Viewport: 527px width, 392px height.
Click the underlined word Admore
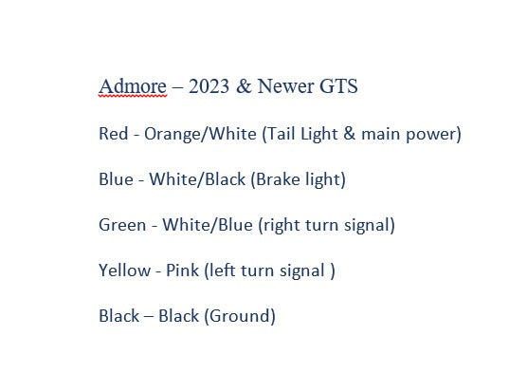133,86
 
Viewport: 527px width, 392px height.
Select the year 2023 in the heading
209,86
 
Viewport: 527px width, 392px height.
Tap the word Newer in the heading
285,86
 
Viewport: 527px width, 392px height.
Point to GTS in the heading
338,86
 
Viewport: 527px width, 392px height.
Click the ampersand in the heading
244,86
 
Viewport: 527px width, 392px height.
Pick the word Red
113,134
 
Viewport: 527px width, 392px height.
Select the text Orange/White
200,134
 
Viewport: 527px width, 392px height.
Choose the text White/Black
197,179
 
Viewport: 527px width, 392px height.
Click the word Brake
276,179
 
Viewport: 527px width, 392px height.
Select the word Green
122,225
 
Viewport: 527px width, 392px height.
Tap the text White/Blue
208,225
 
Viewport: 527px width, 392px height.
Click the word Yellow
125,271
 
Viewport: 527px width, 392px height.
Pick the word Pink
183,271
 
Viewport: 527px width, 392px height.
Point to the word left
219,271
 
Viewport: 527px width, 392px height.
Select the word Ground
240,316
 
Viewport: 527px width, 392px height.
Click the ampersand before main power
350,133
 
